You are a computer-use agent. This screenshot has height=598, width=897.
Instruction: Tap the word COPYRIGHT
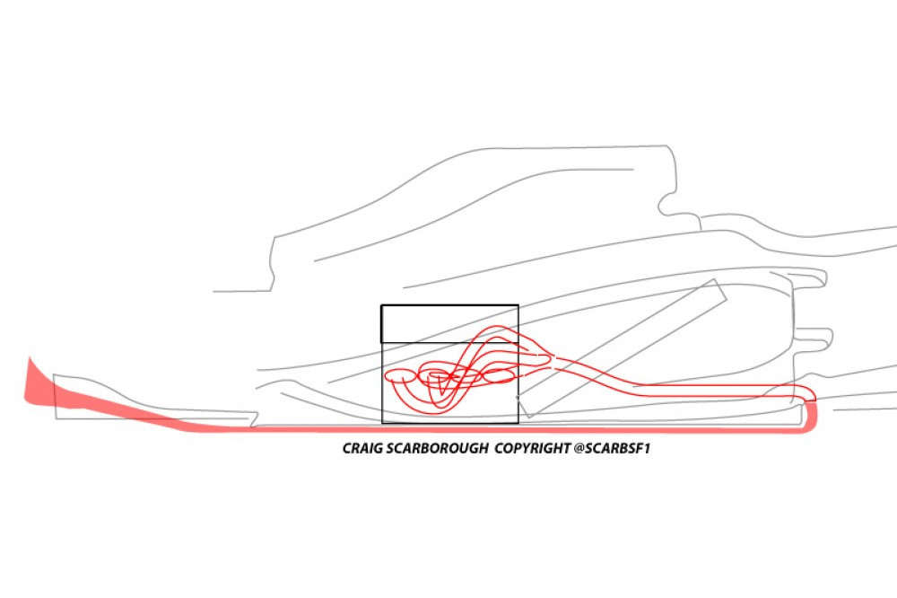point(532,448)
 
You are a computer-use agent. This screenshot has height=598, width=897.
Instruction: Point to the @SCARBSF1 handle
point(612,448)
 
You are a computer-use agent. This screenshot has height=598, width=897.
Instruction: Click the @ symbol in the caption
point(579,448)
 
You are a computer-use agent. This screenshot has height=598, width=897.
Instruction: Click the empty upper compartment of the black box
point(449,324)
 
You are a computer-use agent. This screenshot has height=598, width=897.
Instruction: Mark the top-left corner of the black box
point(381,305)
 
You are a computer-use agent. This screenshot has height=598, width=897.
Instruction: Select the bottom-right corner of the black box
point(518,423)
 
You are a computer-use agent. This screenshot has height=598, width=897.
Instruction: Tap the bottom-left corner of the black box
point(381,423)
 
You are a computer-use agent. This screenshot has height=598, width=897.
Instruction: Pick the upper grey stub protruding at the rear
point(808,277)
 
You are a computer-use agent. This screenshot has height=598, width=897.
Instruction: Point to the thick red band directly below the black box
point(449,428)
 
